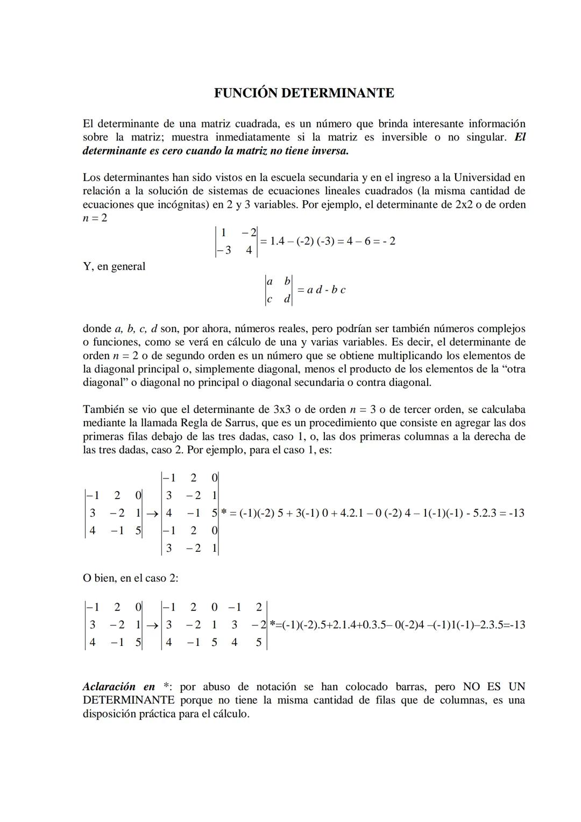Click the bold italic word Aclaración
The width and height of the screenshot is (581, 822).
point(109,686)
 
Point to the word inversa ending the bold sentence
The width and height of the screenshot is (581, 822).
point(329,151)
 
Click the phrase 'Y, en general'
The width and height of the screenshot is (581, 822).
point(114,266)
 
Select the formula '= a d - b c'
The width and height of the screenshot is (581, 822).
point(321,290)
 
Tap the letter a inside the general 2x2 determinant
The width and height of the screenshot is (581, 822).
point(270,281)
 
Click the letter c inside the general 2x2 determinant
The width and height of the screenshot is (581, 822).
point(270,299)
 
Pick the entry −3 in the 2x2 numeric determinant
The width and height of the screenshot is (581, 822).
point(224,250)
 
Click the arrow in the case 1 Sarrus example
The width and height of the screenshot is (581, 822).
point(152,514)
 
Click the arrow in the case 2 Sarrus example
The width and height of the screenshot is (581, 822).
point(152,625)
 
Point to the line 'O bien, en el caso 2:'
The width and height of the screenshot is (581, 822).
point(131,578)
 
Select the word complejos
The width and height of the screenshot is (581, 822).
point(501,328)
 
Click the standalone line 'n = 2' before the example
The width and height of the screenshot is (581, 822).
point(95,218)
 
